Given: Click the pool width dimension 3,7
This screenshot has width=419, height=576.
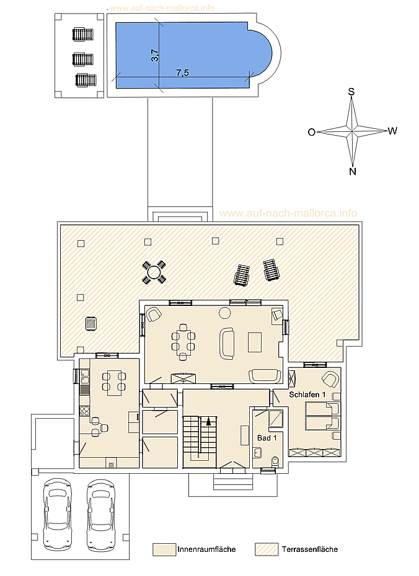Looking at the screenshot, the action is coord(156,56).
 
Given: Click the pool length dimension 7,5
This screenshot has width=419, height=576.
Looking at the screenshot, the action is coord(182,72).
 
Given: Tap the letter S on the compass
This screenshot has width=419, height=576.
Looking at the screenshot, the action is coord(351,92).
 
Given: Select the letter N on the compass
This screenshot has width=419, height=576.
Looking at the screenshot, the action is coord(353,171).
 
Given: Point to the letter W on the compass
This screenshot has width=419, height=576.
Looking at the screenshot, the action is coord(392,131).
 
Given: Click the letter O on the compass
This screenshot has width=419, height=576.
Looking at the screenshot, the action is coord(312,133).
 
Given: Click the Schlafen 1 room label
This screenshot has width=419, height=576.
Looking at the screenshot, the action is coord(307,395).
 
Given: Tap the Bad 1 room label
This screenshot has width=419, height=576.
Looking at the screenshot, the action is coord(267,438).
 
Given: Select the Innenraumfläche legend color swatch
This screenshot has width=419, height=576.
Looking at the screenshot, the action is coord(164,549).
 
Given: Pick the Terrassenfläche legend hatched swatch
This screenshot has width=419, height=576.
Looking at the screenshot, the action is coord(267,549).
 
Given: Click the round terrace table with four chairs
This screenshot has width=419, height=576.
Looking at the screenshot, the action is coord(154,272).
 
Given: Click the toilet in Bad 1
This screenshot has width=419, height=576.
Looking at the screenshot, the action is coord(275,462).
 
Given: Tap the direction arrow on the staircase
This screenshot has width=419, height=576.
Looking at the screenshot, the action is coord(209,421).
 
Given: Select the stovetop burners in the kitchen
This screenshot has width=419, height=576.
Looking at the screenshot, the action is coord(84,411).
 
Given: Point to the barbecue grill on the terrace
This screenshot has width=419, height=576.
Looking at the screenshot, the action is coord(90,324).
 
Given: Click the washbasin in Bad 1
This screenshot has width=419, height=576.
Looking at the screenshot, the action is coord(258,453).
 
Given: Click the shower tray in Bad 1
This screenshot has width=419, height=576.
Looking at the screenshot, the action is coord(276,419).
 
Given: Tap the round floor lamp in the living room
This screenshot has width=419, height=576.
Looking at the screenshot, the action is coord(224,313).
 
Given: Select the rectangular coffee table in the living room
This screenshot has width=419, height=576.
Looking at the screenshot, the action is coord(254,342).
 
